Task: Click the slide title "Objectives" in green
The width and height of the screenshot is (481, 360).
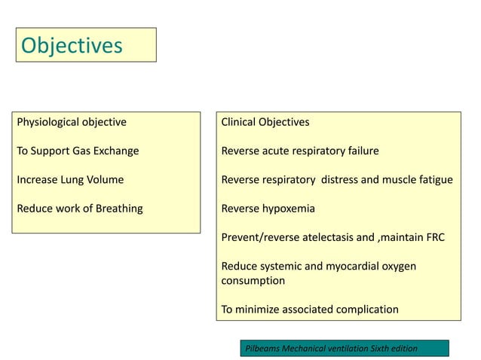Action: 72,46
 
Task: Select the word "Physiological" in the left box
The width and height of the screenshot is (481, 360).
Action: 49,122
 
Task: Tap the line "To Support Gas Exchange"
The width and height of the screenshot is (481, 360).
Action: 78,151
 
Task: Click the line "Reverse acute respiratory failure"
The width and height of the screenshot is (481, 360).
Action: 299,151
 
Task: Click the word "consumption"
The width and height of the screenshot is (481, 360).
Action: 253,280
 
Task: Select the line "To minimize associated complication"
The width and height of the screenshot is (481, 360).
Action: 309,309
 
